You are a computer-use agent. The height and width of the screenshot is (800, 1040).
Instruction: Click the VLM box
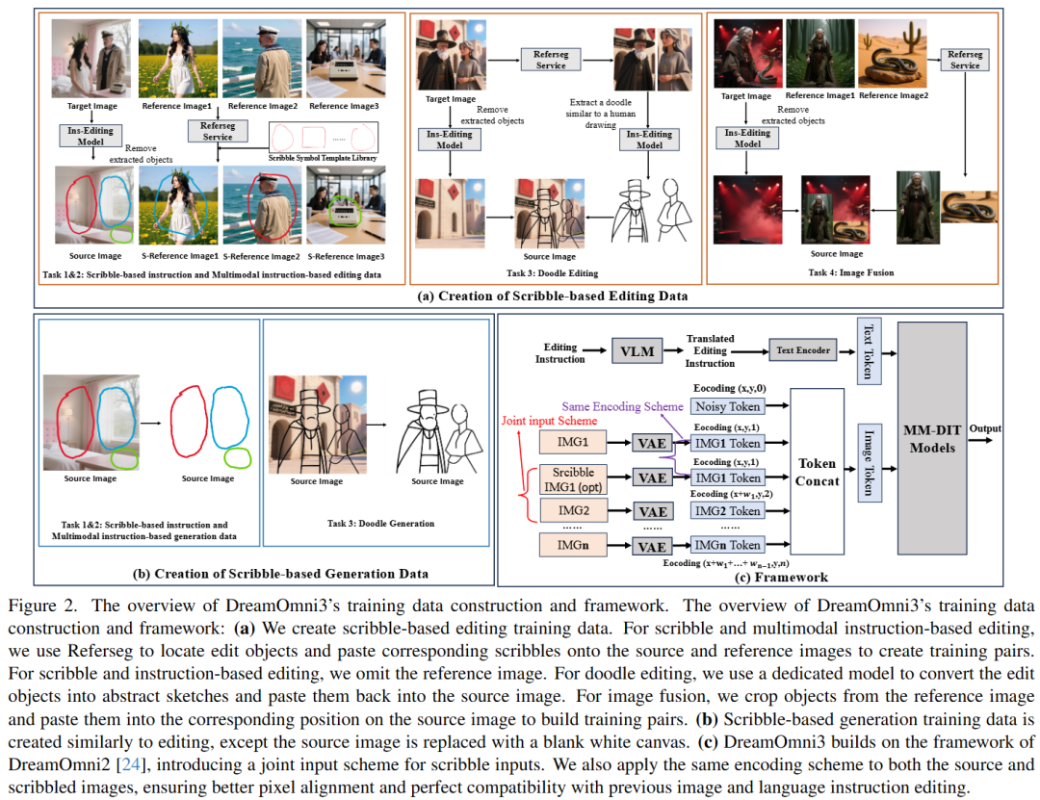(637, 351)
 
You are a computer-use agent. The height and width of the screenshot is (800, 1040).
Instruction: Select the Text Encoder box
(803, 350)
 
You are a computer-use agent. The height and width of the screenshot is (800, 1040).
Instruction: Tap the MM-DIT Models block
(931, 440)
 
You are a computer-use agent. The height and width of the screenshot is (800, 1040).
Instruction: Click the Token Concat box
(818, 472)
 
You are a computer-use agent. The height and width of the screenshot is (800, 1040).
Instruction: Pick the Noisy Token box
(727, 407)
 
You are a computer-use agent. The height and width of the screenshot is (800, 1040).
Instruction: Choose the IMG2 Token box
(727, 510)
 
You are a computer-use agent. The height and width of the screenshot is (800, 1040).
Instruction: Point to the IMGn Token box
(727, 545)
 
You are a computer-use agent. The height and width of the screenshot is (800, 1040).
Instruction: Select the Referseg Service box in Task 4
(964, 60)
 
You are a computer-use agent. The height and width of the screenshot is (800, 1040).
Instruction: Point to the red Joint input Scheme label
(550, 421)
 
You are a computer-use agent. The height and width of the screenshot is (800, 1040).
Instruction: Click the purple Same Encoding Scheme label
(623, 406)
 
